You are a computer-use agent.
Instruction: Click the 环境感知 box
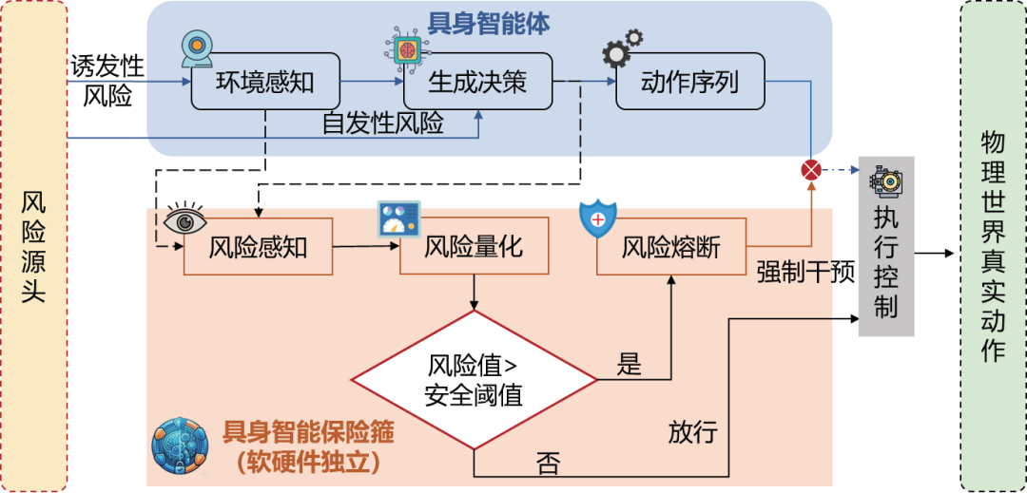point(265,83)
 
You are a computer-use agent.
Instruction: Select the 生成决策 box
point(477,83)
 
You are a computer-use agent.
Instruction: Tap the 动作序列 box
point(689,83)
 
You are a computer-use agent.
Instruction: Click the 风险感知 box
point(259,248)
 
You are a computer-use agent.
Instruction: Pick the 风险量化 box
point(473,248)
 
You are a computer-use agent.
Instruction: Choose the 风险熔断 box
point(670,248)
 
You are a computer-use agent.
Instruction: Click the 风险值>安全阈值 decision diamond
point(474,379)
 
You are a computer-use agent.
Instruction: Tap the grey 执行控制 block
point(885,247)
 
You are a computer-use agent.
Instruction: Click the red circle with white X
point(811,170)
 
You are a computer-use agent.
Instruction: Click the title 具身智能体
point(489,23)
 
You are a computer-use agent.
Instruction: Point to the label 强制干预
point(804,274)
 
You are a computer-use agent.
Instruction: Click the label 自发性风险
point(383,123)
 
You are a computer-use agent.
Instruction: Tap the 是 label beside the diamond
point(630,364)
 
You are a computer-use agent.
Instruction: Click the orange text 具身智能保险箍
point(308,433)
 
